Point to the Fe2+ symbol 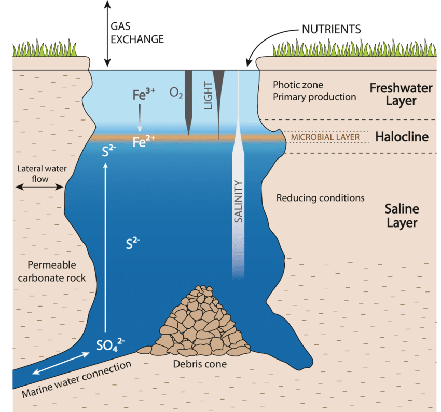pos(144,141)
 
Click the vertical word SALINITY pos(239,202)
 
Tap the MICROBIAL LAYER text pos(325,137)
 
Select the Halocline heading pos(402,137)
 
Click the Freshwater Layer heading pos(401,94)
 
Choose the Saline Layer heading pos(401,216)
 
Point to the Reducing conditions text pos(320,198)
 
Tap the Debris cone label pos(200,364)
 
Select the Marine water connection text pos(76,379)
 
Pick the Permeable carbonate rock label pos(52,270)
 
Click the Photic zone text pos(298,85)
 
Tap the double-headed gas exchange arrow pos(107,33)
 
